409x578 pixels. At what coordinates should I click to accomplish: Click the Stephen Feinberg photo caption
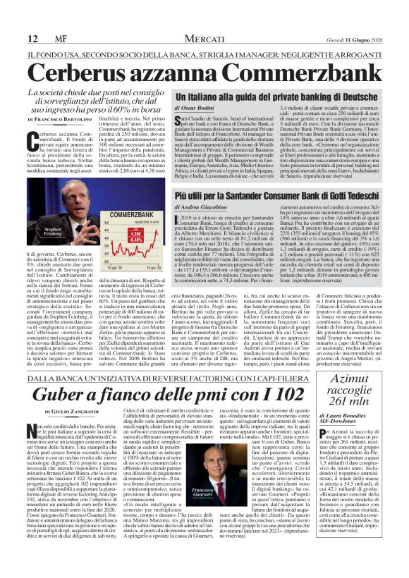(53, 232)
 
